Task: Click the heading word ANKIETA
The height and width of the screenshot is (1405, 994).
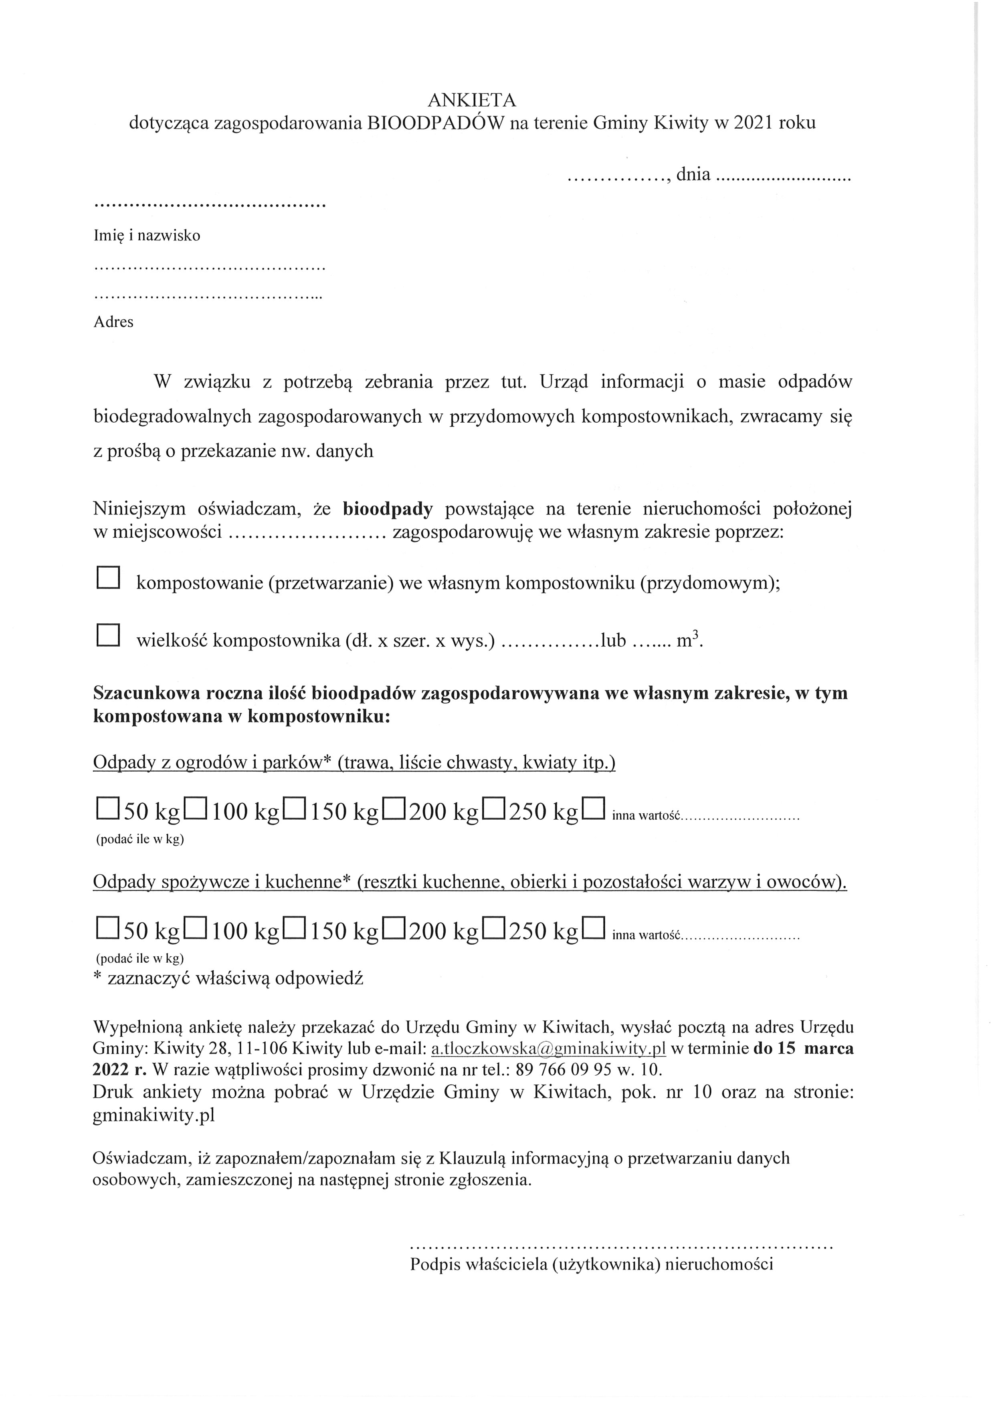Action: (x=471, y=100)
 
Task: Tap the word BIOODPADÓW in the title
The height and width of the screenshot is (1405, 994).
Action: (x=434, y=123)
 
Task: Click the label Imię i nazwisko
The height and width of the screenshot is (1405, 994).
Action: (x=147, y=236)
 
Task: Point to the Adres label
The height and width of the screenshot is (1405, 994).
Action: (x=113, y=322)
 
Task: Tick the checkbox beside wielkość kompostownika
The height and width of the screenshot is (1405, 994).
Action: (x=108, y=635)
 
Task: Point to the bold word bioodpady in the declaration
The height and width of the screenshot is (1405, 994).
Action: (x=388, y=508)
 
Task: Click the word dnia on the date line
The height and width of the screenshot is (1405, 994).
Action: (x=693, y=175)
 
